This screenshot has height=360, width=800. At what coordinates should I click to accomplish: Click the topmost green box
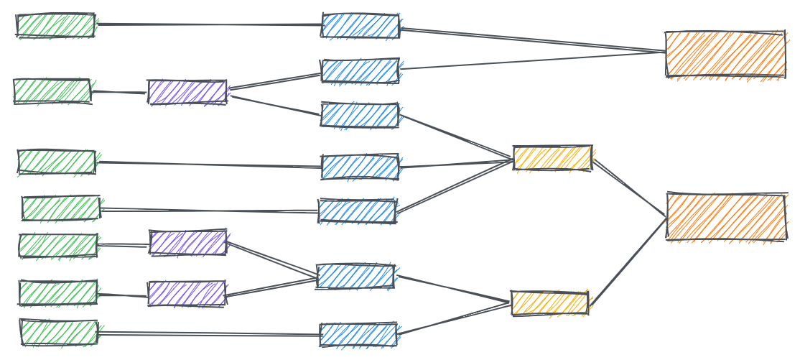pyautogui.click(x=55, y=25)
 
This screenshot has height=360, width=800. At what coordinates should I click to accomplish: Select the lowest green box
pyautogui.click(x=58, y=333)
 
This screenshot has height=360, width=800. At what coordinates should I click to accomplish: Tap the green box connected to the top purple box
pyautogui.click(x=52, y=91)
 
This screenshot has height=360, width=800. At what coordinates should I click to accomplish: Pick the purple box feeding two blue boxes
pyautogui.click(x=187, y=92)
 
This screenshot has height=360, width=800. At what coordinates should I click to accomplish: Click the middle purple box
pyautogui.click(x=188, y=243)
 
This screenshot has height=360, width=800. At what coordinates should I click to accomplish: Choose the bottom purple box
pyautogui.click(x=186, y=293)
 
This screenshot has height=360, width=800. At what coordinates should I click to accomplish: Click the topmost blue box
pyautogui.click(x=361, y=26)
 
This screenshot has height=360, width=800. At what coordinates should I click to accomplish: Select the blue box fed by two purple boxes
pyautogui.click(x=355, y=276)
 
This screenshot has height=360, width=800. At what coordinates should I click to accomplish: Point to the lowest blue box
pyautogui.click(x=358, y=335)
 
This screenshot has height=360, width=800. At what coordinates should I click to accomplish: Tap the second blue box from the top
pyautogui.click(x=361, y=70)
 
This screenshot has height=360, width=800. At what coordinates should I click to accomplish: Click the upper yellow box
pyautogui.click(x=552, y=158)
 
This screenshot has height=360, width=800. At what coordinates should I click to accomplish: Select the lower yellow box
pyautogui.click(x=549, y=303)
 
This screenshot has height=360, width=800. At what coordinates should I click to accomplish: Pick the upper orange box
pyautogui.click(x=725, y=54)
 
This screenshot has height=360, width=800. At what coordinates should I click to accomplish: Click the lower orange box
pyautogui.click(x=726, y=217)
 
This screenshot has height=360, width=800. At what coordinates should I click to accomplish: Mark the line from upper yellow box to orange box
pyautogui.click(x=630, y=188)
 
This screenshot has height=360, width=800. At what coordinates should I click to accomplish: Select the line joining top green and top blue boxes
pyautogui.click(x=208, y=24)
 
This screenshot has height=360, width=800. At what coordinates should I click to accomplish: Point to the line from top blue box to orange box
pyautogui.click(x=531, y=41)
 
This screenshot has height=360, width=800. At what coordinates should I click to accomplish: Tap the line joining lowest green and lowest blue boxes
pyautogui.click(x=208, y=333)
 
